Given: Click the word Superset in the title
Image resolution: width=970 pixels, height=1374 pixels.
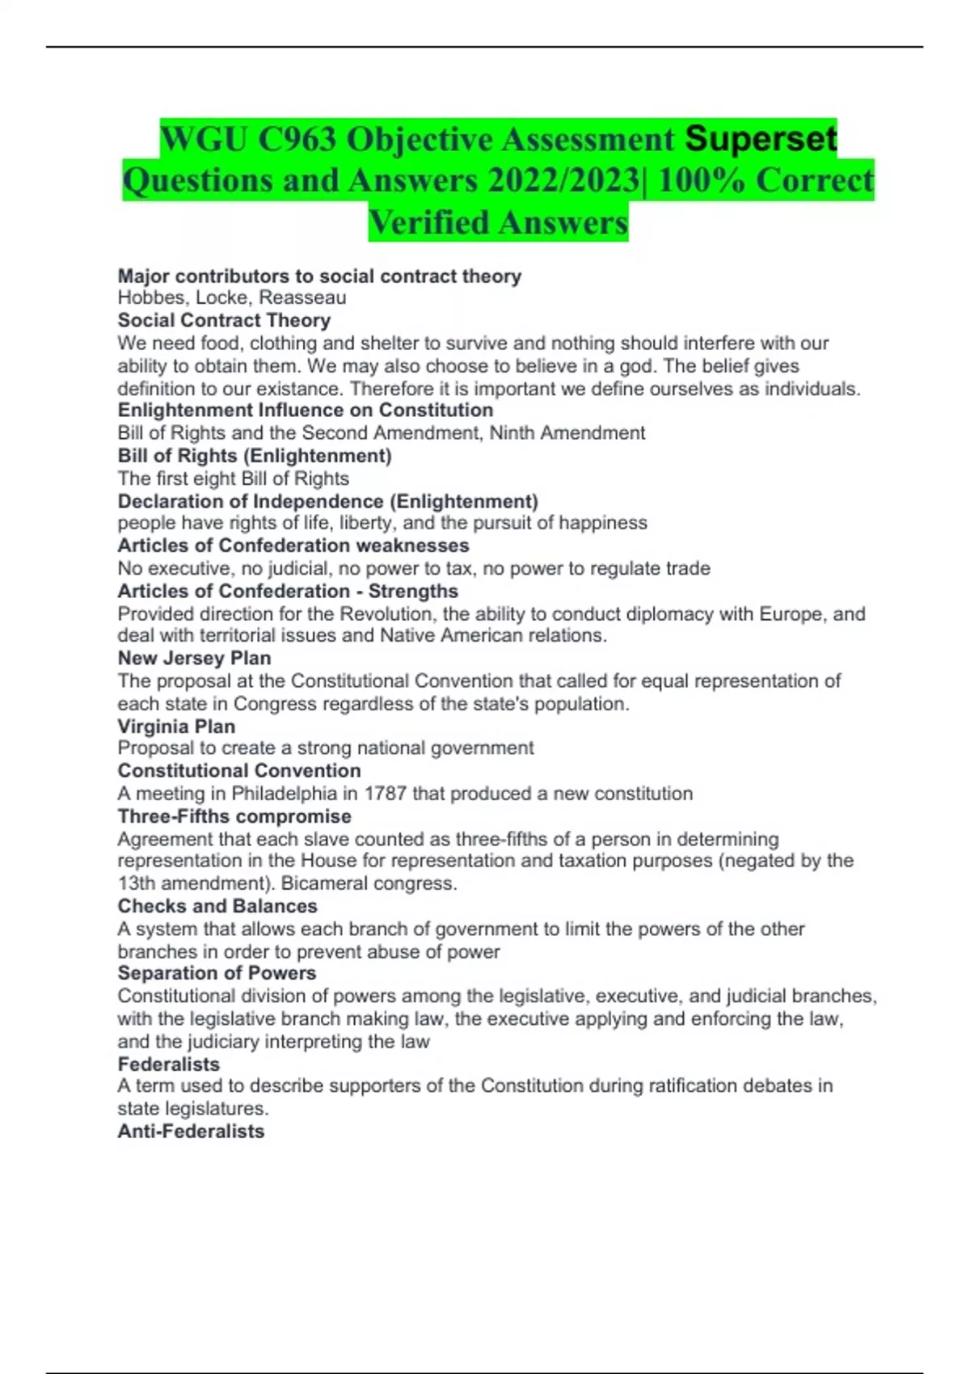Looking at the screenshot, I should pyautogui.click(x=761, y=138).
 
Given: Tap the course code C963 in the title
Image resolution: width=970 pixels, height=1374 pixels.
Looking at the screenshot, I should pyautogui.click(x=297, y=140).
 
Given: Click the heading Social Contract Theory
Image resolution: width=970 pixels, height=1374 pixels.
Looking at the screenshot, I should pyautogui.click(x=224, y=321).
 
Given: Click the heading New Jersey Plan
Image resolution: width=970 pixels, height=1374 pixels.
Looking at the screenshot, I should pyautogui.click(x=194, y=658).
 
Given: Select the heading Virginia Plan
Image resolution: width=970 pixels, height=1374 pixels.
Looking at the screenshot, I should pyautogui.click(x=176, y=727).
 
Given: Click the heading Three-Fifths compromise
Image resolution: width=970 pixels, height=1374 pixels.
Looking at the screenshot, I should pyautogui.click(x=234, y=816).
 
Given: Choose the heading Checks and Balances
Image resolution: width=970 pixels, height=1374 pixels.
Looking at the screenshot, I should pyautogui.click(x=217, y=906).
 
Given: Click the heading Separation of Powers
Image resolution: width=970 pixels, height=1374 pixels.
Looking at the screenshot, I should pyautogui.click(x=217, y=973).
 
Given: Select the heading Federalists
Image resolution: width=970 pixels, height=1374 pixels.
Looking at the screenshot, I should pyautogui.click(x=168, y=1064).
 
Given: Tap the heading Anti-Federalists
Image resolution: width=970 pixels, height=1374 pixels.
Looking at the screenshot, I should pyautogui.click(x=191, y=1132).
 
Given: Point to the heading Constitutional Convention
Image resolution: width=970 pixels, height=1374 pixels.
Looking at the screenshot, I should pyautogui.click(x=239, y=771).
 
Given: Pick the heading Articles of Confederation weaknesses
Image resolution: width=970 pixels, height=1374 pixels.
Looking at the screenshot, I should pyautogui.click(x=293, y=546).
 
